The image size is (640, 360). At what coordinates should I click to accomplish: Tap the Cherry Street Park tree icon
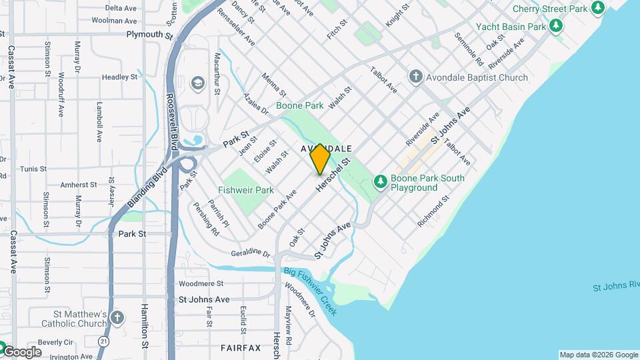coord(599,8)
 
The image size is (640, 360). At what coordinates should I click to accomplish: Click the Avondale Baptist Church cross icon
coord(416,77)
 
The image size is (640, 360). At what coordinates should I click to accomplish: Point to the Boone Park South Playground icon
coord(381,181)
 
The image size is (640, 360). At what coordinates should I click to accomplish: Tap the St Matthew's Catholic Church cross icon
coord(117,318)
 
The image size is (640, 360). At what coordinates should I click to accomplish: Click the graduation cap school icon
coord(197,83)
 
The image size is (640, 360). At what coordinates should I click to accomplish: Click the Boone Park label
coord(299,105)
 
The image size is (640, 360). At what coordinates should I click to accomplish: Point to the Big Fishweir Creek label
coord(310,291)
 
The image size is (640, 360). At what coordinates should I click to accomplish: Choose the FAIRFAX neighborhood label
coord(241,348)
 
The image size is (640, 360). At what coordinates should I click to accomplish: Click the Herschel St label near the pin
coord(333,176)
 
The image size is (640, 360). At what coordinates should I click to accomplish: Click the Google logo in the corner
coord(21,351)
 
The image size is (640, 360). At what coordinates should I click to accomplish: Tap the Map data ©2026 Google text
coord(598,355)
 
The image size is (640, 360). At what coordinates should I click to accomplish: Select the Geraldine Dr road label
coord(251,254)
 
